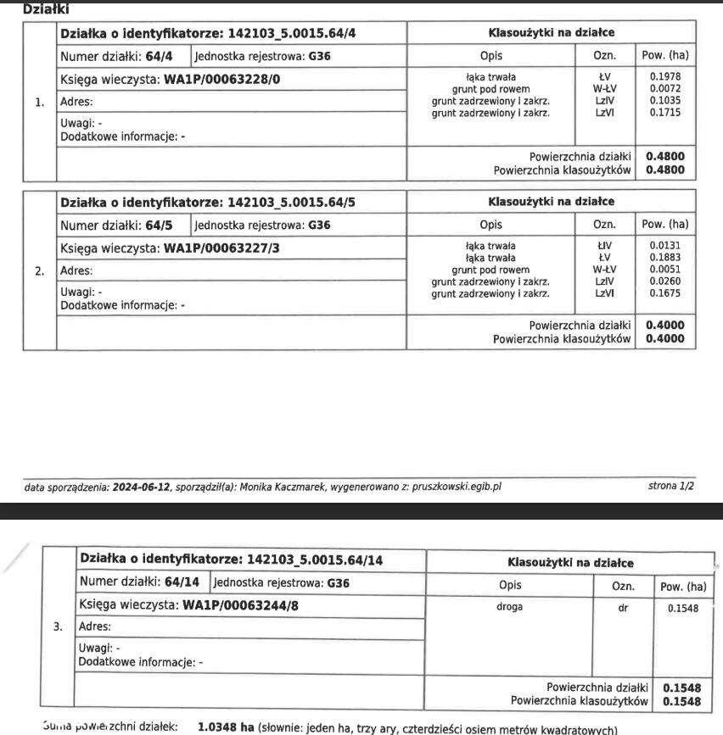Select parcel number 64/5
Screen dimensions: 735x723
(x=165, y=226)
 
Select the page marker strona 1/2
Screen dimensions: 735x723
(x=670, y=487)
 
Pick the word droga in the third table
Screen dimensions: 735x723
(x=509, y=607)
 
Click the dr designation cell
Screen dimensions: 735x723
(x=624, y=607)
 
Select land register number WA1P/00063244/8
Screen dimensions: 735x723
(x=241, y=606)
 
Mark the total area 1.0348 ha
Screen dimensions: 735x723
(x=227, y=727)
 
